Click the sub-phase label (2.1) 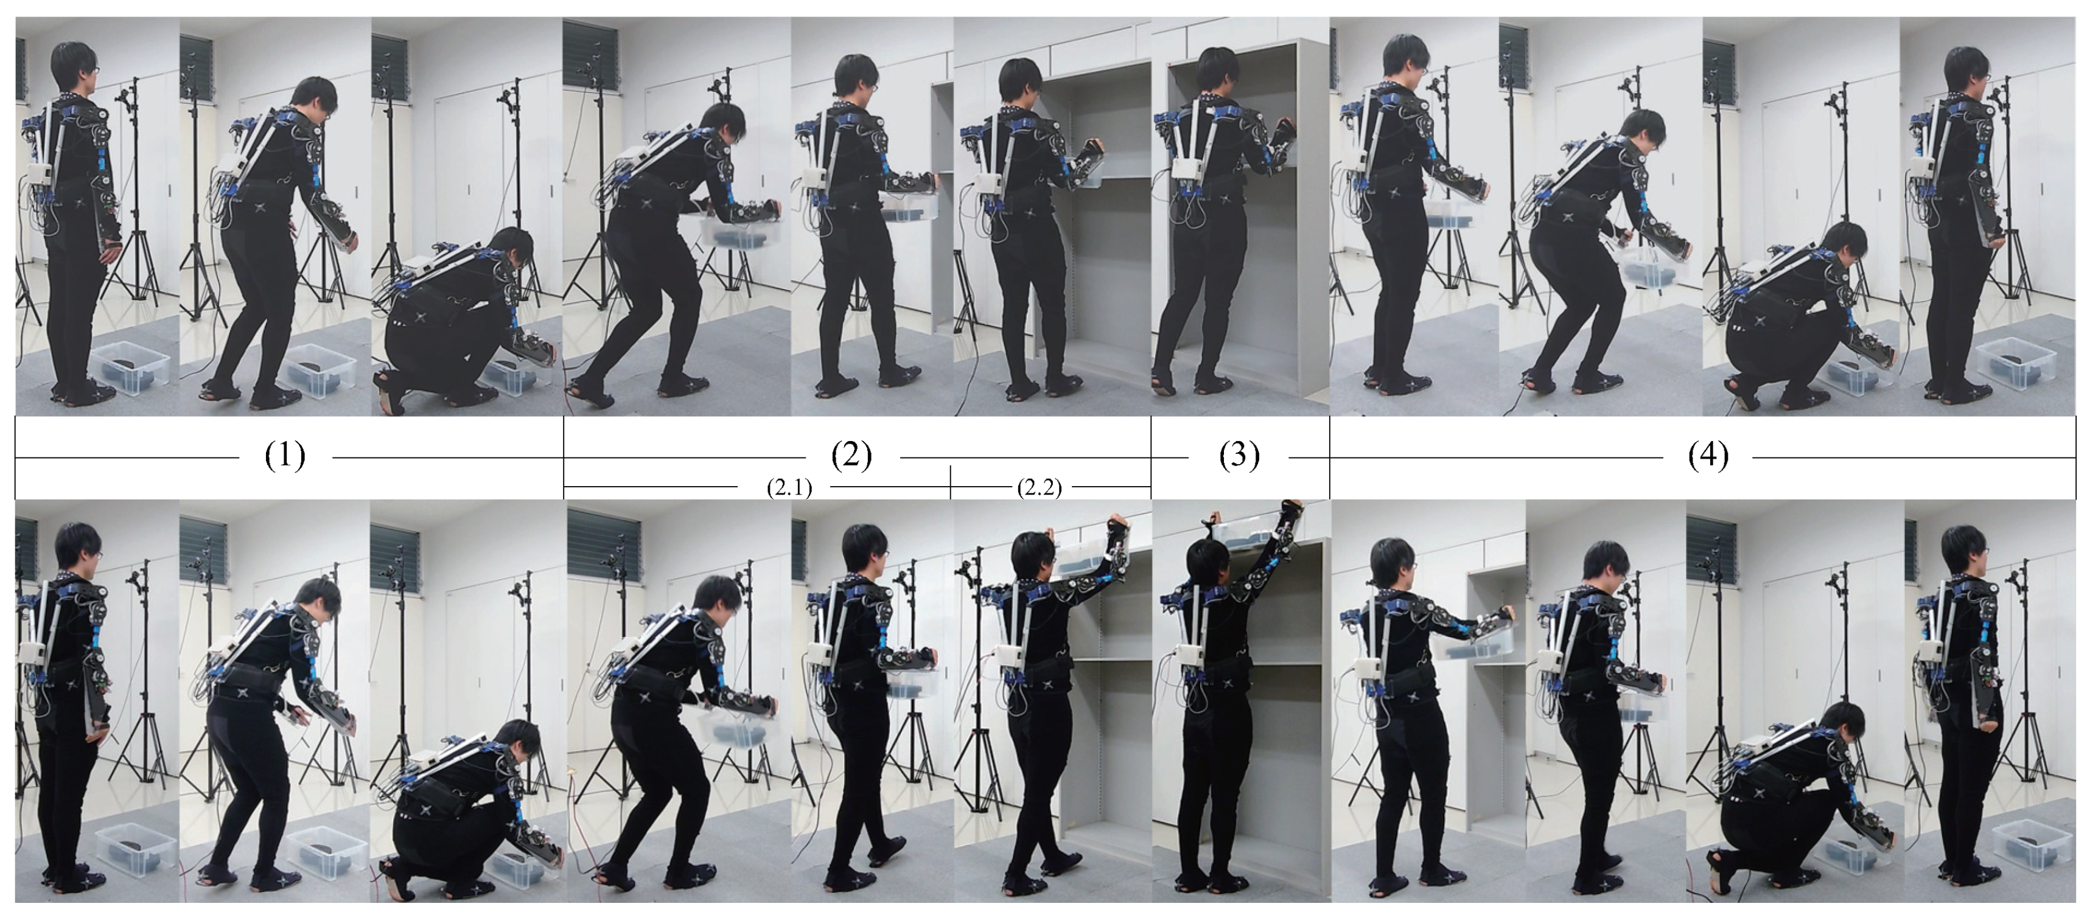(x=789, y=487)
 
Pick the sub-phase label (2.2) (x=1040, y=487)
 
